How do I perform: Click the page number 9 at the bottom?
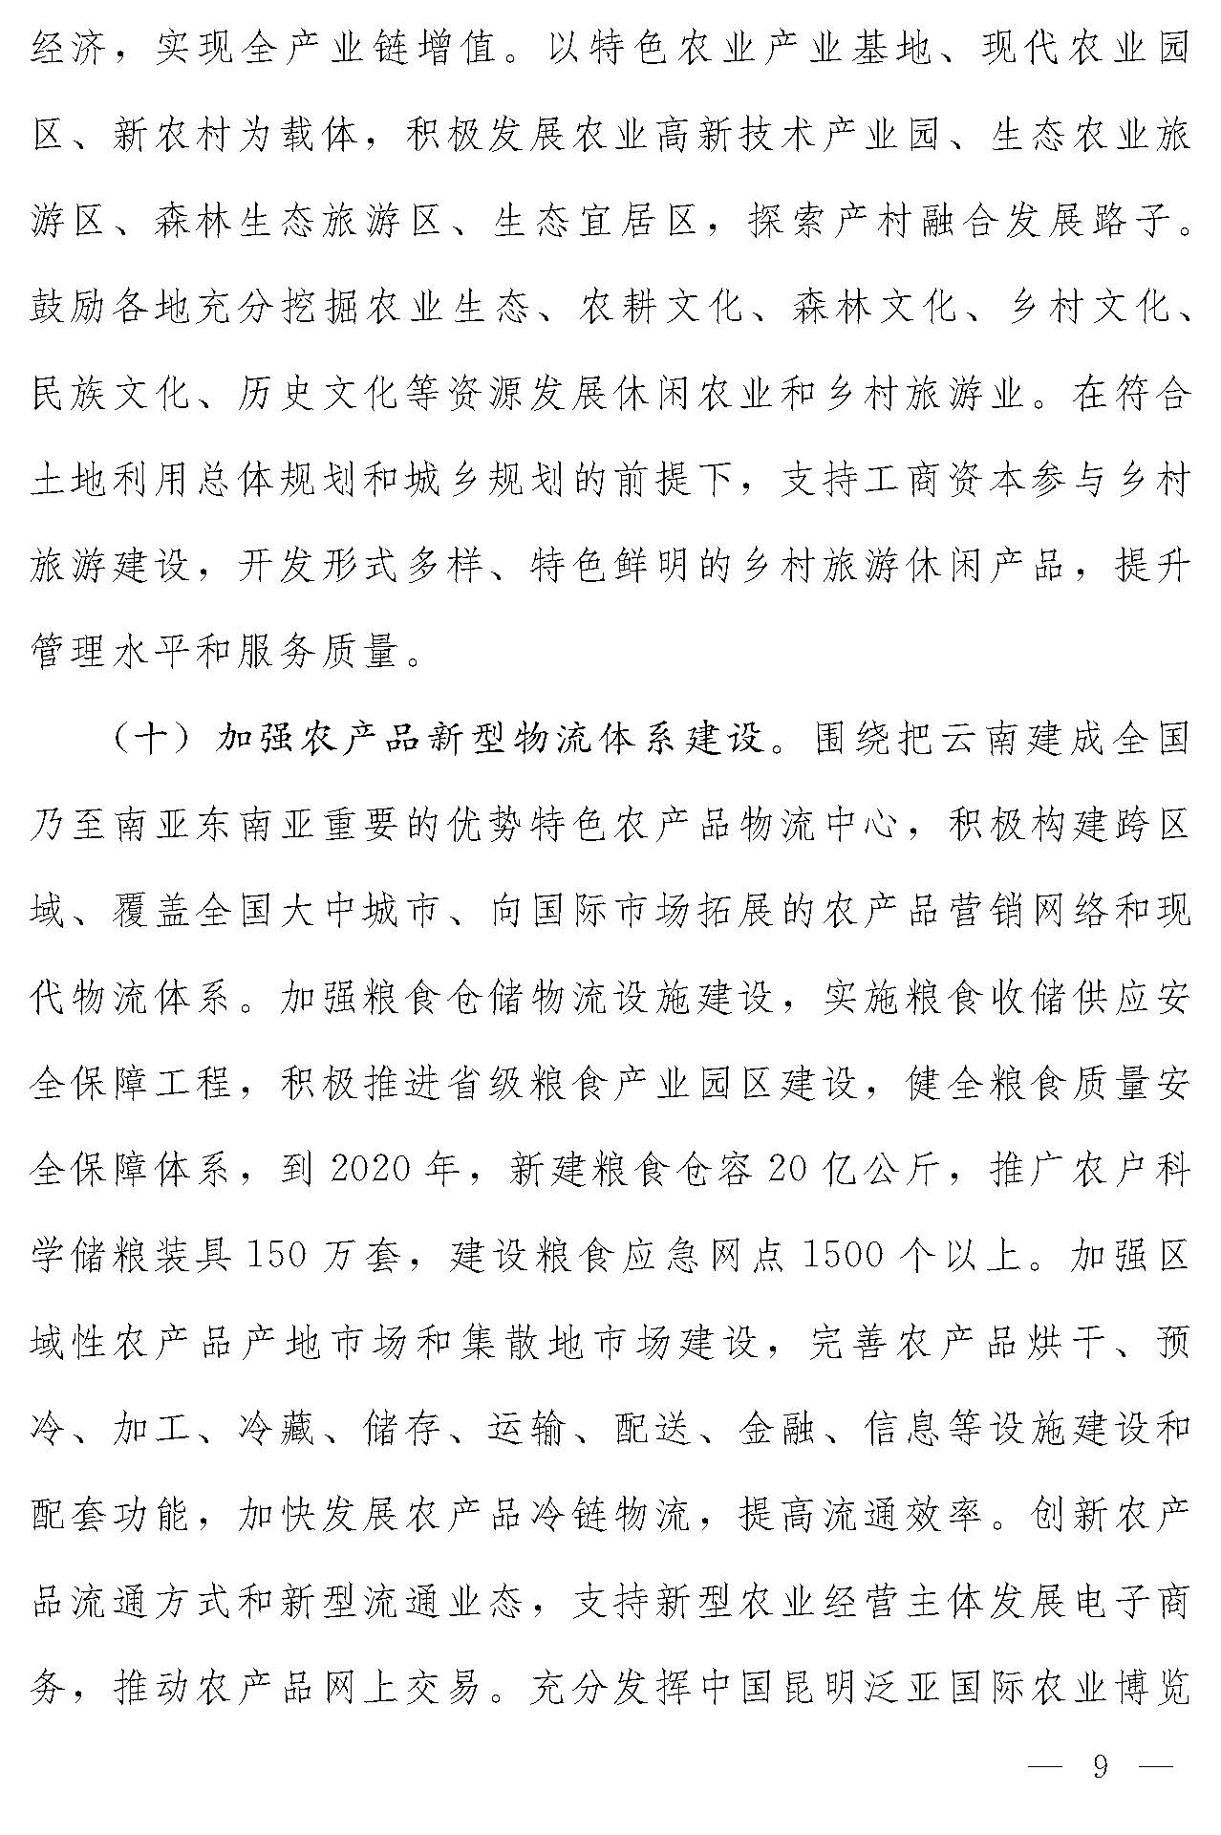[1101, 1767]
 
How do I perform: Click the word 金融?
[774, 1429]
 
